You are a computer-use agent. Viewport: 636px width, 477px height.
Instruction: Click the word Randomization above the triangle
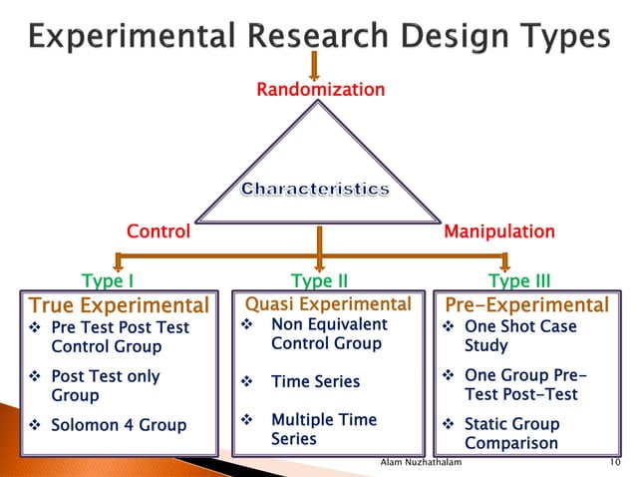point(320,91)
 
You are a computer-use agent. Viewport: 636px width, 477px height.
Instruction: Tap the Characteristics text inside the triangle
point(315,189)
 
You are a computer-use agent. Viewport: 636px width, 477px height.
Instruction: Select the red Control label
point(158,233)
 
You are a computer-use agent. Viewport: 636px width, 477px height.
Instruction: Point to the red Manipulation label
point(498,233)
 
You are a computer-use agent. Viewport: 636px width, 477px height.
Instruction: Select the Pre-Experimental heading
point(526,304)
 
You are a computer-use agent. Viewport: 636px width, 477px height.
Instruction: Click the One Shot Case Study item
point(519,336)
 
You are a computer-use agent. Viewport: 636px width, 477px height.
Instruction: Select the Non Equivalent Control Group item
point(328,334)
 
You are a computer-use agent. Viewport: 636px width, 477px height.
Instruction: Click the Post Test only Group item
point(105,386)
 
